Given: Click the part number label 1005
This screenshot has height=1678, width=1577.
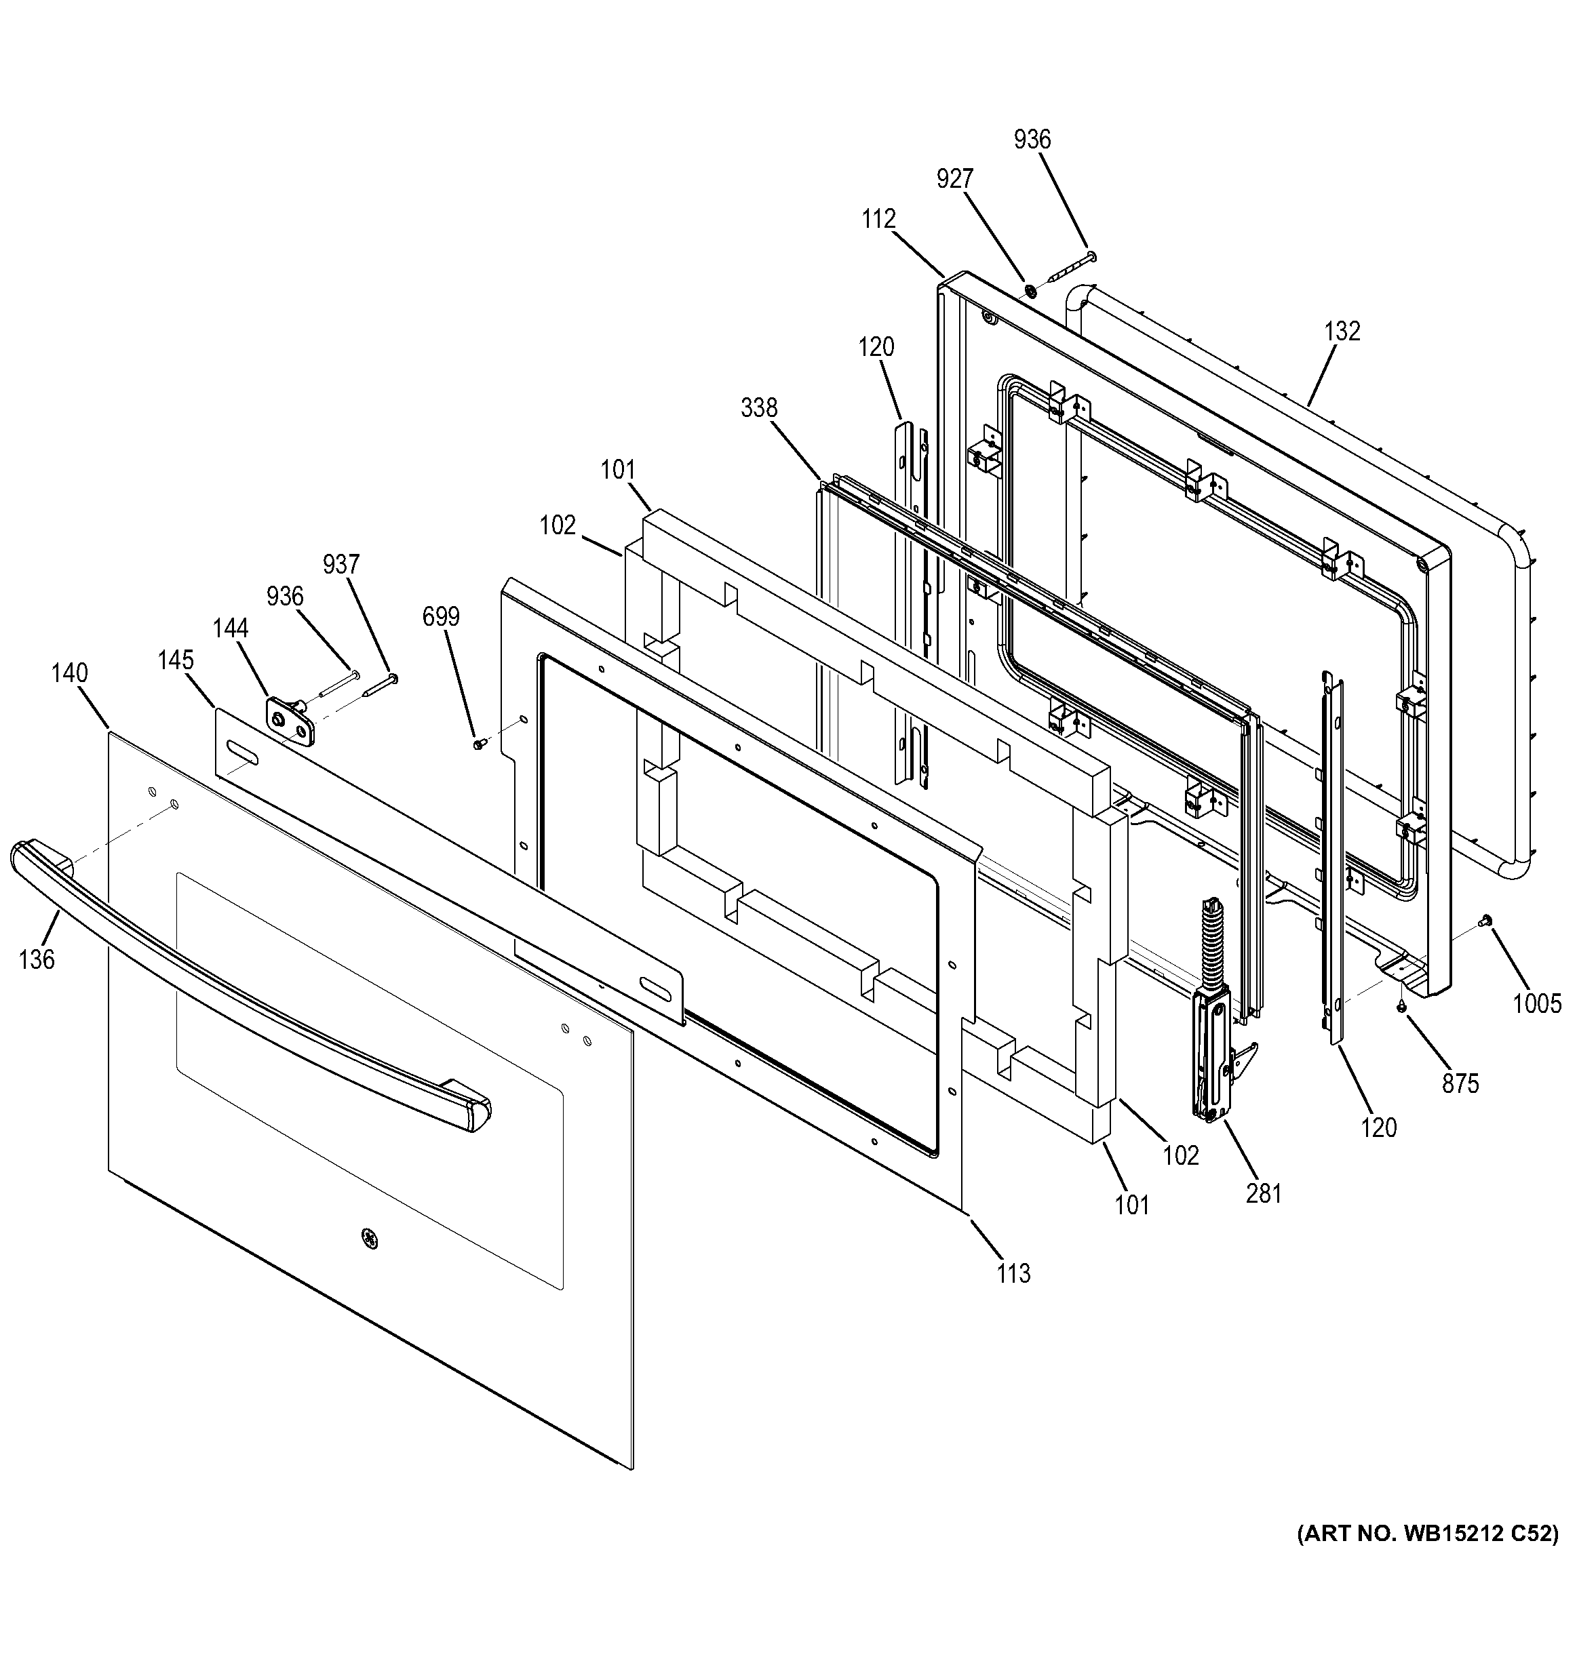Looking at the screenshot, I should tap(1536, 1003).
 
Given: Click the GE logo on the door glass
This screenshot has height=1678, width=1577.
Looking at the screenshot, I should tap(368, 1238).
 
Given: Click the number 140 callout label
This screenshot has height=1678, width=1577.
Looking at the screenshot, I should tap(69, 673).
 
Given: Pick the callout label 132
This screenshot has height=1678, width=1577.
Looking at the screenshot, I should tap(1342, 331).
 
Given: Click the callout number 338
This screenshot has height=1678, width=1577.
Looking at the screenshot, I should tap(758, 407).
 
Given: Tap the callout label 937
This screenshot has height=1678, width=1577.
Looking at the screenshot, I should tap(341, 564).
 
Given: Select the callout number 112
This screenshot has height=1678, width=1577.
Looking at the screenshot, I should tap(878, 220).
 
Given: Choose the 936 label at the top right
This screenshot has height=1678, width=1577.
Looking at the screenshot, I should tap(1032, 139).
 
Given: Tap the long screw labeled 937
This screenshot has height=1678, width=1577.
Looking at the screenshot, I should tap(380, 685).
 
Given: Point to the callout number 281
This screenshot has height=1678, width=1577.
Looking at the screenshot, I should tap(1264, 1193).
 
